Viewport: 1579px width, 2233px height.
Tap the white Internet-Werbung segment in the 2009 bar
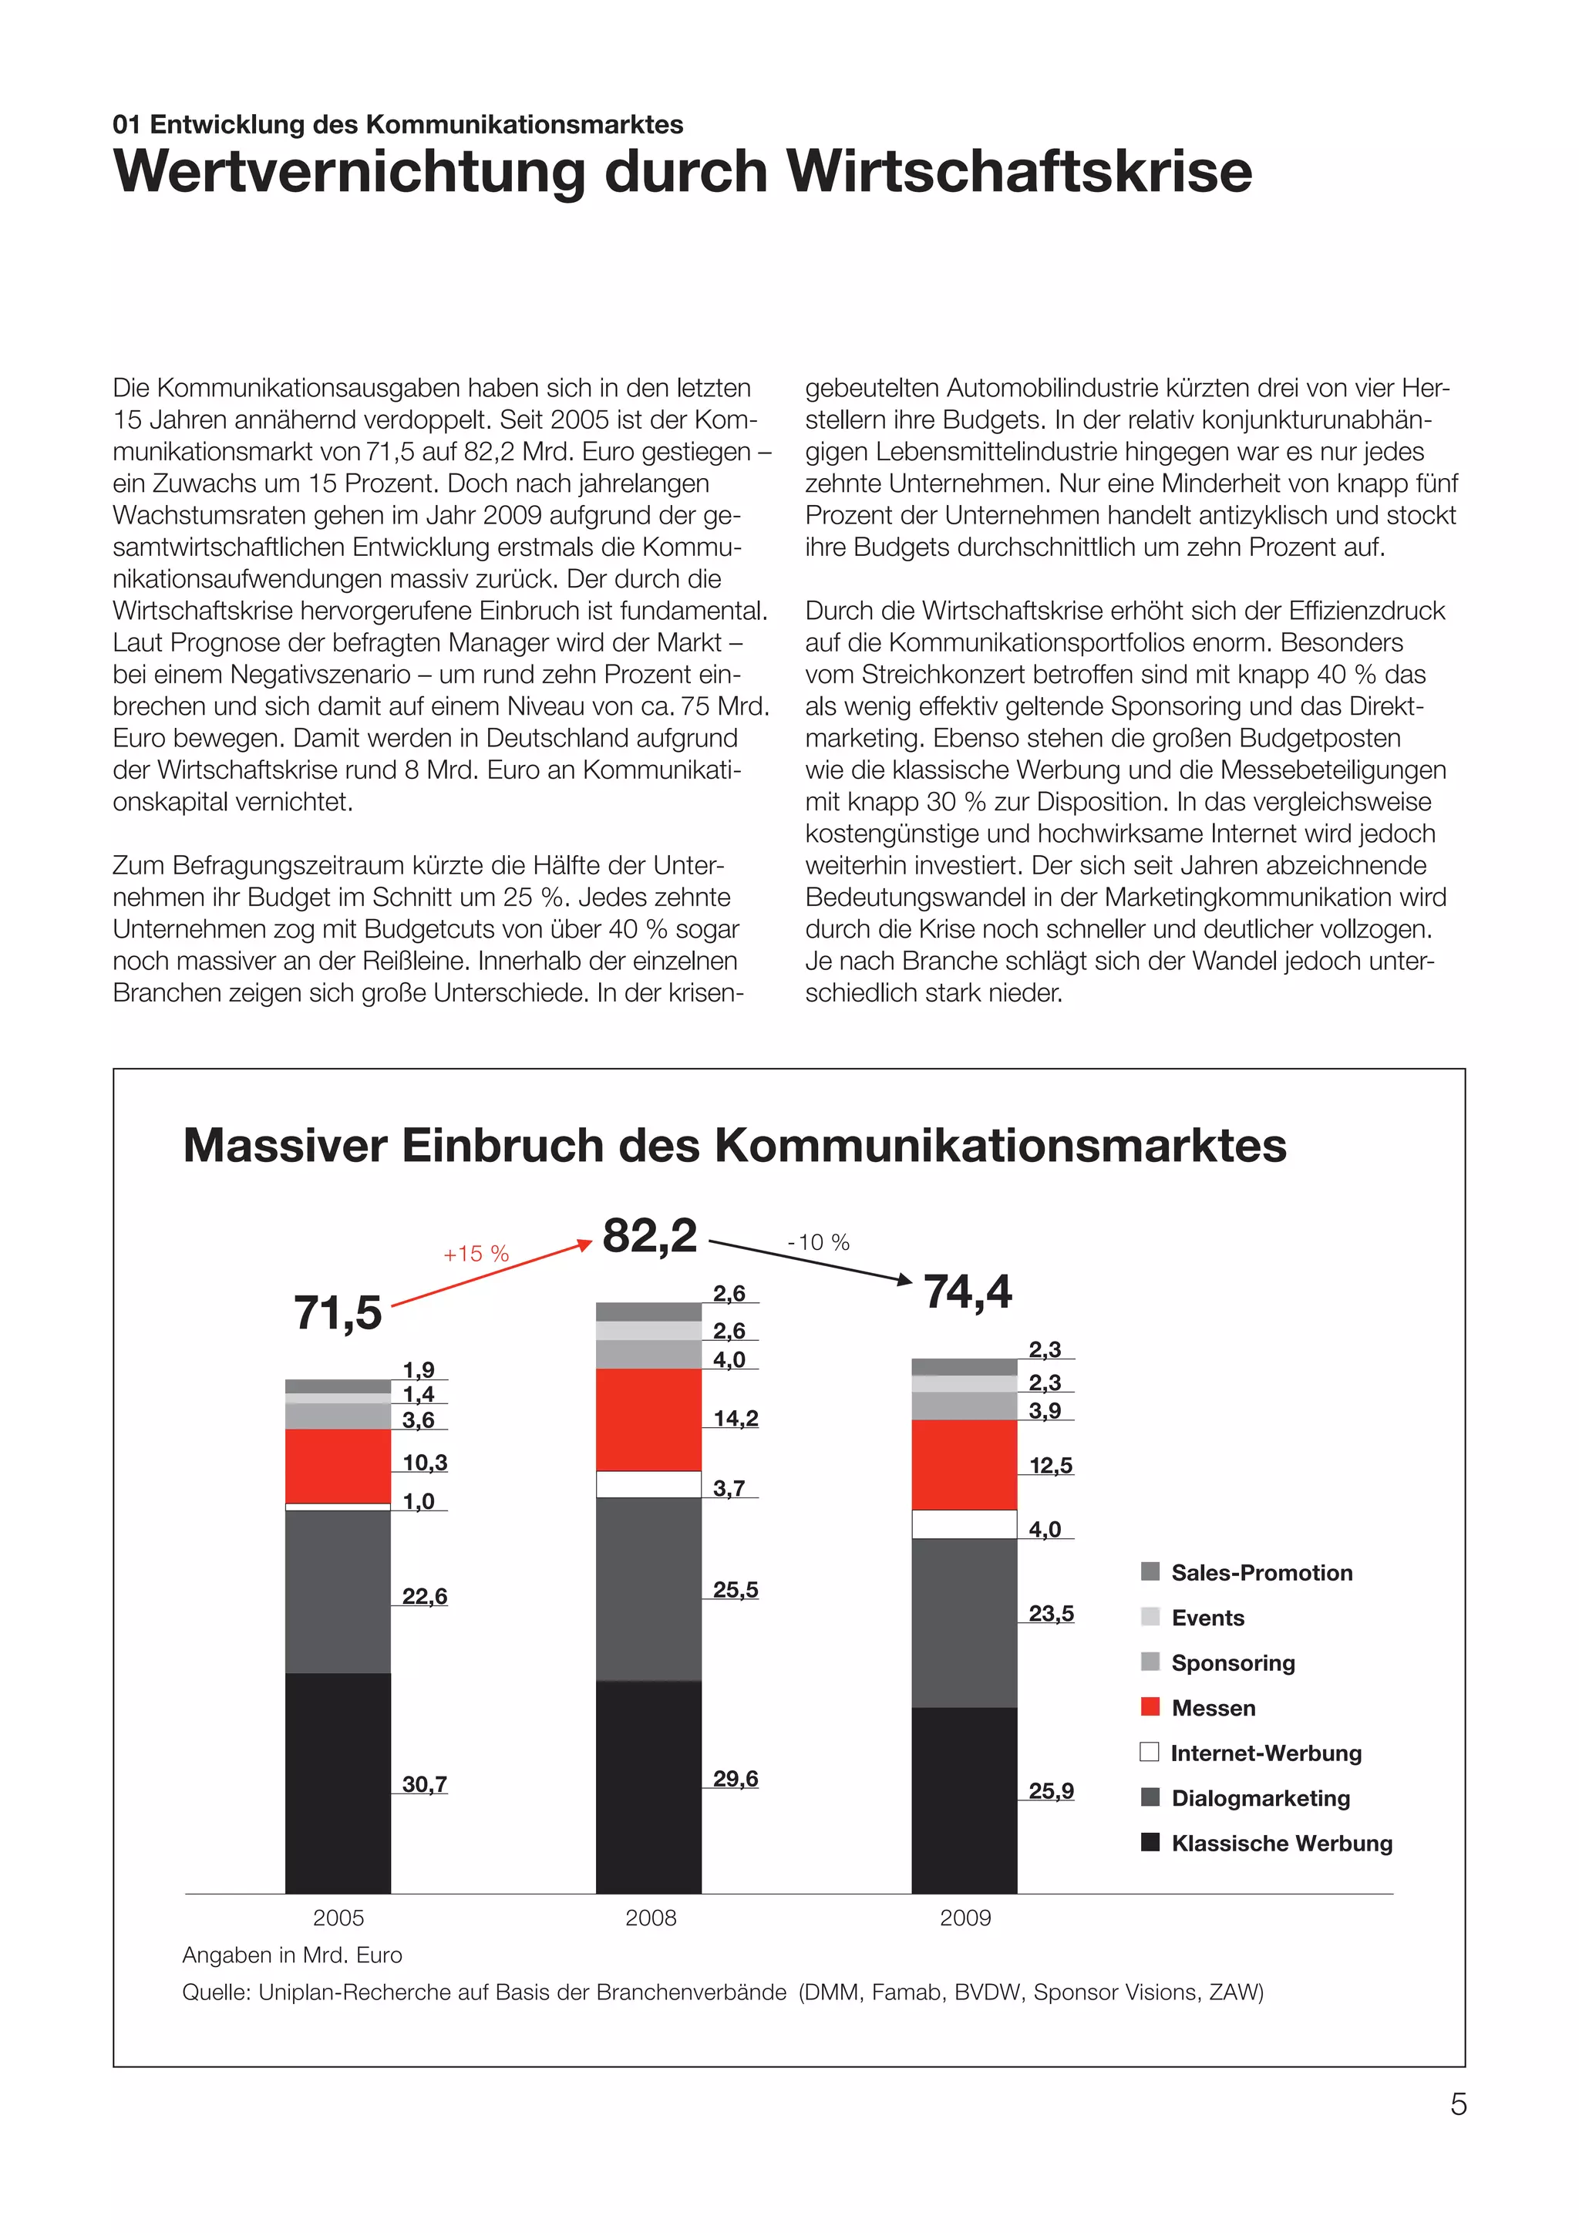(x=964, y=1524)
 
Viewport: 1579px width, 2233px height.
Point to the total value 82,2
(x=649, y=1236)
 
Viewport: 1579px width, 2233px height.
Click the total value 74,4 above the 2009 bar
(x=967, y=1292)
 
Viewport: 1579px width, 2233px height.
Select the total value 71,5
(x=338, y=1313)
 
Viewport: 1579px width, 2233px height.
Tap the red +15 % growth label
(x=476, y=1254)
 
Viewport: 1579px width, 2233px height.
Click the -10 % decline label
(x=819, y=1242)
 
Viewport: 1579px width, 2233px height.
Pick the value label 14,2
(x=735, y=1418)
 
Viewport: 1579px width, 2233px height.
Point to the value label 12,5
(x=1050, y=1466)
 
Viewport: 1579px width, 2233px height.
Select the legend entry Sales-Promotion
(x=1261, y=1573)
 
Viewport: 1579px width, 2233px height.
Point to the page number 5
(x=1457, y=2103)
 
